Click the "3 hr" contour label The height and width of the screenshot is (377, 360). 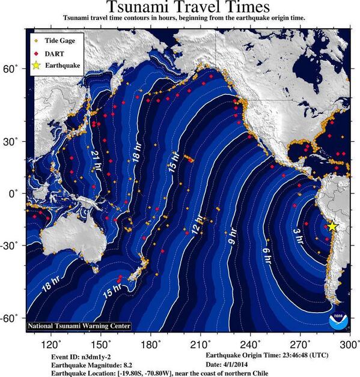pyautogui.click(x=297, y=235)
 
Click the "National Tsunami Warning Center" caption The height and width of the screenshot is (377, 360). pyautogui.click(x=79, y=326)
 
